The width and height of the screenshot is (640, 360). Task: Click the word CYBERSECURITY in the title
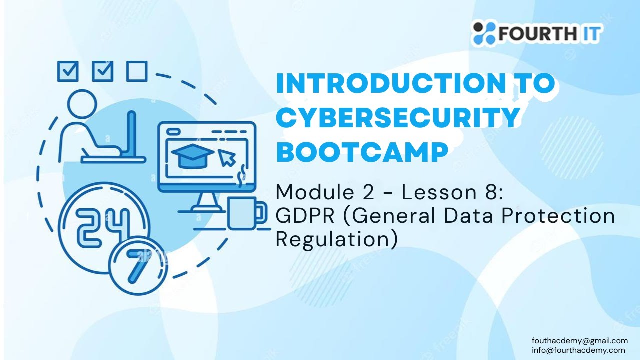[x=398, y=117]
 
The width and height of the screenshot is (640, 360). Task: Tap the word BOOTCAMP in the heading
[x=362, y=152]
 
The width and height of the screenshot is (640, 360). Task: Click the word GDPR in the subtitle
[x=305, y=216]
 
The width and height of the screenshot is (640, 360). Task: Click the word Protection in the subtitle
[x=558, y=216]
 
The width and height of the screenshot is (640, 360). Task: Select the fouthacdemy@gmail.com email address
[x=580, y=341]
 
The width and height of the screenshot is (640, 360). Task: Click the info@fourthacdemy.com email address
[x=578, y=350]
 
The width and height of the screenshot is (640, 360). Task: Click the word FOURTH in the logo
[x=537, y=33]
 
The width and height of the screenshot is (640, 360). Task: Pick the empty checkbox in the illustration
[x=137, y=71]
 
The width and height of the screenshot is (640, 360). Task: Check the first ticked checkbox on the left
[x=68, y=71]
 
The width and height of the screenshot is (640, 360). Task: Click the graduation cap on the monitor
[x=193, y=156]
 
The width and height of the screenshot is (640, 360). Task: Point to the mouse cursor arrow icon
[x=227, y=157]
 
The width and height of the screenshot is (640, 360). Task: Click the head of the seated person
[x=82, y=104]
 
